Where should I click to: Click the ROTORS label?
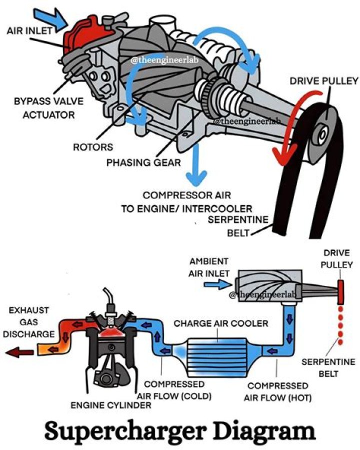coord(93,147)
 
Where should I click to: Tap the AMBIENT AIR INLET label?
coord(208,267)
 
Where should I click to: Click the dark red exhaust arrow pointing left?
coord(20,352)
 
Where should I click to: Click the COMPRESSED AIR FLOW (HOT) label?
coord(277,392)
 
